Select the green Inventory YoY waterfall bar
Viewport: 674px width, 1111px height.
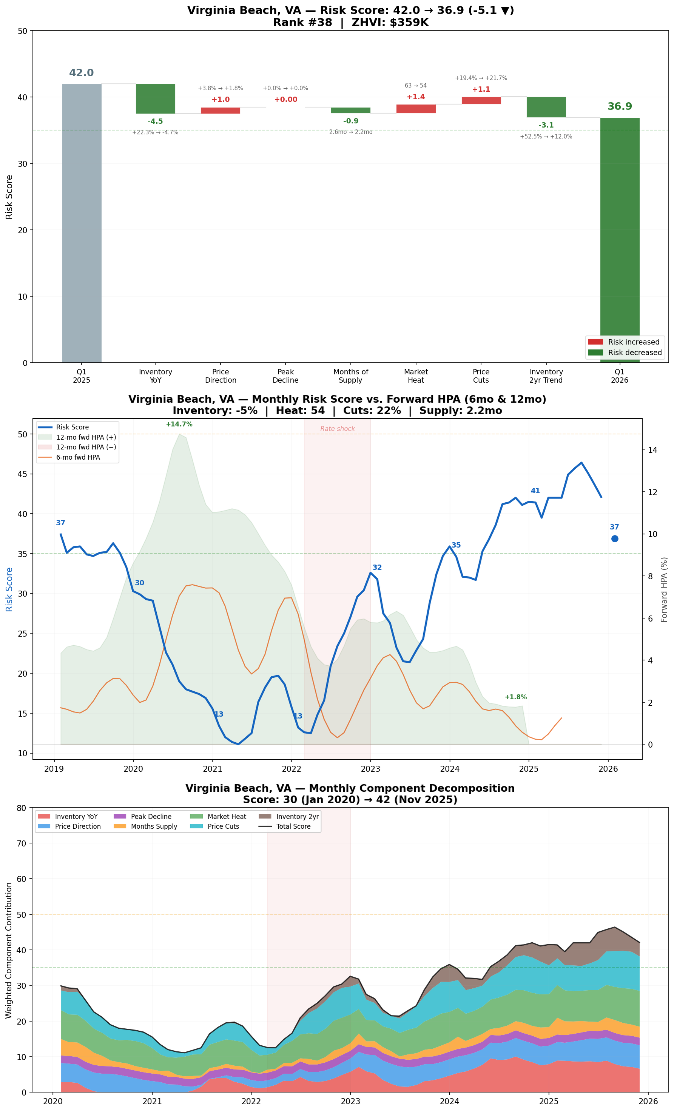[x=155, y=99]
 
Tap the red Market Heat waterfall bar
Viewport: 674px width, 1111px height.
[x=415, y=109]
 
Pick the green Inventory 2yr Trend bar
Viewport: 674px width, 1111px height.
[x=546, y=107]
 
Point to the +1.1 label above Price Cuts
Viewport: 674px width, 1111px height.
[x=481, y=89]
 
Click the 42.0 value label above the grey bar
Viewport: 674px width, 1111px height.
[x=81, y=72]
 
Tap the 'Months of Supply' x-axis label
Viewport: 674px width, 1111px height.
[x=350, y=375]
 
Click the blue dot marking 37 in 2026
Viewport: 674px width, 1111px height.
[x=614, y=539]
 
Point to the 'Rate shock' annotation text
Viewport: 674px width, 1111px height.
[x=338, y=429]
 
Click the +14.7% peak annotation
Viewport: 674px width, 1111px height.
[x=179, y=424]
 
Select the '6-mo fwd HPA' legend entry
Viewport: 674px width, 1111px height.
[x=78, y=457]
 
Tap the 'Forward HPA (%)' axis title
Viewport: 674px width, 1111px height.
[x=664, y=589]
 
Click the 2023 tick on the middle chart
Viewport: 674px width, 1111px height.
[x=370, y=769]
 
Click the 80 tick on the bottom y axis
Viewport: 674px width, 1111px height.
[x=22, y=808]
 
